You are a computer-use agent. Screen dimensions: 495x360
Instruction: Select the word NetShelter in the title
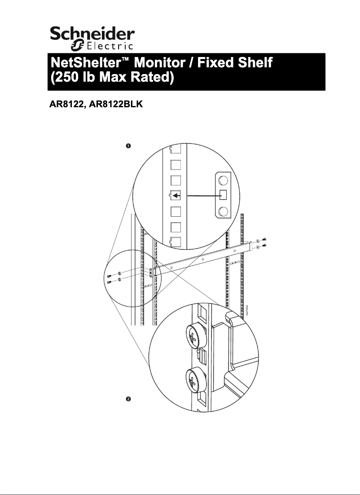click(84, 63)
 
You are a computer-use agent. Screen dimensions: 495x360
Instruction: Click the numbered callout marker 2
click(128, 399)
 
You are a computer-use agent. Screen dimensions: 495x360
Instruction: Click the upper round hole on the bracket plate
click(223, 180)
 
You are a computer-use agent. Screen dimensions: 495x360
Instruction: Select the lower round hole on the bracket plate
click(223, 212)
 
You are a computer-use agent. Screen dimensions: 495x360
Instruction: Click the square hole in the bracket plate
click(223, 196)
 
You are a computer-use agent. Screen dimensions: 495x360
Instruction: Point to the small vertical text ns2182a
click(247, 310)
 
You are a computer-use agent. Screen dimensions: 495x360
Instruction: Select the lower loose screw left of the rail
click(110, 282)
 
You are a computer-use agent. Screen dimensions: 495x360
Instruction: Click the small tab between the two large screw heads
click(202, 358)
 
